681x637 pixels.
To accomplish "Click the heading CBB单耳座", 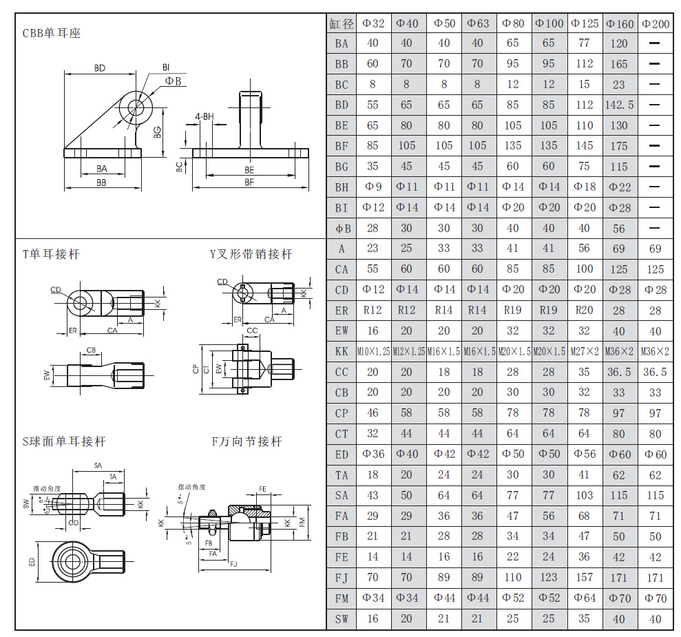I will point(52,33).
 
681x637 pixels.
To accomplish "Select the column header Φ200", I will point(655,23).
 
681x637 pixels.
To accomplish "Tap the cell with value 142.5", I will point(619,105).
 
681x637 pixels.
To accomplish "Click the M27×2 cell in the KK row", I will point(584,351).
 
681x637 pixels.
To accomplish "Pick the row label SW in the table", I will point(342,618).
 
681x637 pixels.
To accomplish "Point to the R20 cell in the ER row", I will point(584,311).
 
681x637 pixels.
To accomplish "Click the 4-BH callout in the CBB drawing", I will point(205,116).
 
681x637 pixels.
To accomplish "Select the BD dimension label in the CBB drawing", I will point(100,68).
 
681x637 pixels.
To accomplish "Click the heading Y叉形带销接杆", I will point(251,254).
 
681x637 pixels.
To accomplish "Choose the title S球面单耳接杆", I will point(64,441).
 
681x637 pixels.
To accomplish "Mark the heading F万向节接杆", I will point(247,441).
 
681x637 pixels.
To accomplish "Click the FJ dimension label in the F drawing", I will point(234,565).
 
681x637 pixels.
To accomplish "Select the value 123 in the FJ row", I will point(549,577).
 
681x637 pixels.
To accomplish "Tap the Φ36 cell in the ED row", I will point(373,455).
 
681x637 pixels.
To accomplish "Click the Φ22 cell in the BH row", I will point(619,187).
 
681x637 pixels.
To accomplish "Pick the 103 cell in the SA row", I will point(584,495).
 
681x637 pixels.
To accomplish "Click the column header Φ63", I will point(478,23).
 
